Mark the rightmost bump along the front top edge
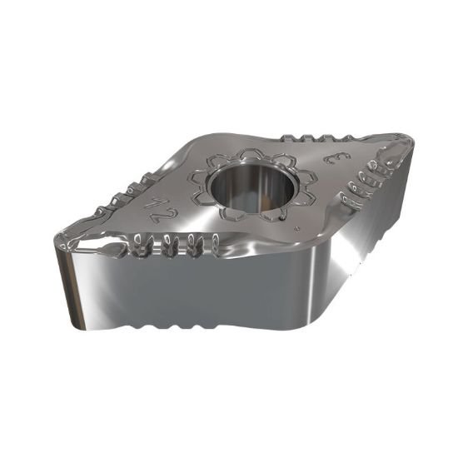pyautogui.click(x=215, y=244)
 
